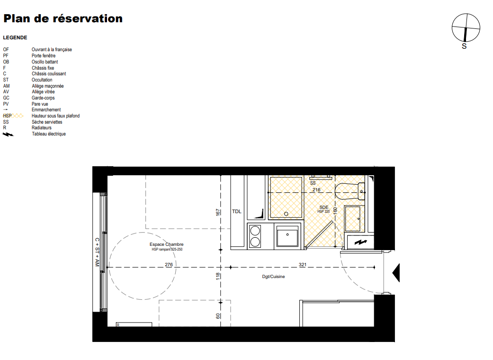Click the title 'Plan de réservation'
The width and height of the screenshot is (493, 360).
(x=63, y=18)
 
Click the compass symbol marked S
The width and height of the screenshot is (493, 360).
(x=466, y=28)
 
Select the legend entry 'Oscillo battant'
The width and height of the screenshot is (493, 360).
(x=45, y=62)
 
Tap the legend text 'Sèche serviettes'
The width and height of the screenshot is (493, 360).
(x=47, y=122)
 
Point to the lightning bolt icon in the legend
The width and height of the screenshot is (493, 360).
(x=8, y=134)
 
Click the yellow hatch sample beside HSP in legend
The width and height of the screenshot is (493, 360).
(x=18, y=116)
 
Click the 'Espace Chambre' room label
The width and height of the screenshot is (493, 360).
(x=166, y=244)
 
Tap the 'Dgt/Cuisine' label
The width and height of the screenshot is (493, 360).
(x=274, y=277)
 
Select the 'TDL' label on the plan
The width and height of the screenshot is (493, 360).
(x=237, y=212)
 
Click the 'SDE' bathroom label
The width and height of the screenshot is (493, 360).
(x=324, y=207)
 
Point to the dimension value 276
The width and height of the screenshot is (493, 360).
(x=169, y=265)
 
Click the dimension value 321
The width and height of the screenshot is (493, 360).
(x=303, y=265)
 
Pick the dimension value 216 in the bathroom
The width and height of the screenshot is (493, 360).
(x=316, y=190)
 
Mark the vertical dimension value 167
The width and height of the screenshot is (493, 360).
(x=218, y=212)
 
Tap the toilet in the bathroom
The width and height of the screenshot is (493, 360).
(x=350, y=191)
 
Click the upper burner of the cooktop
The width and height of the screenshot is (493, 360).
(x=255, y=231)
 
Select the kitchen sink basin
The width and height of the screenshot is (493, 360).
(x=287, y=236)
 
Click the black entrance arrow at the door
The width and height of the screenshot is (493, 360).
(x=396, y=273)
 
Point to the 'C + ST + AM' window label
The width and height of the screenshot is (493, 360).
(x=97, y=252)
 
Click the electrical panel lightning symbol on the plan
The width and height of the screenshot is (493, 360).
(x=361, y=243)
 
